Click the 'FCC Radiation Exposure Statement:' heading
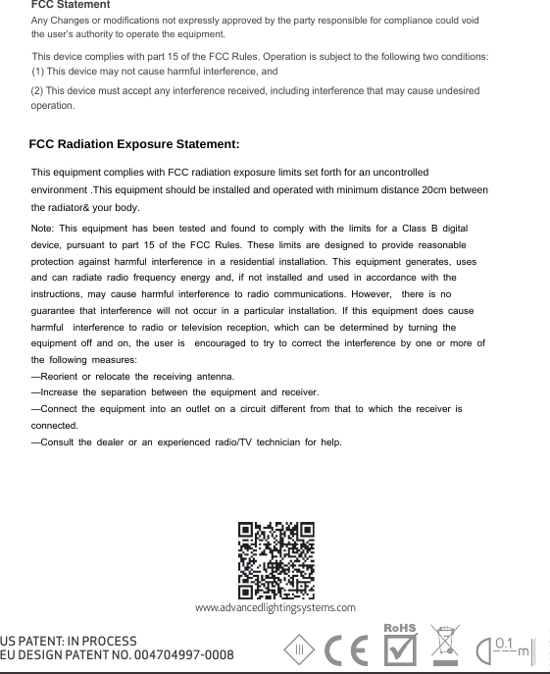pyautogui.click(x=134, y=145)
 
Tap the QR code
pyautogui.click(x=275, y=558)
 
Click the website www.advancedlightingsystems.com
pyautogui.click(x=275, y=608)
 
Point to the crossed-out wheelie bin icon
pyautogui.click(x=447, y=644)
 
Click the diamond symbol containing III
pyautogui.click(x=301, y=650)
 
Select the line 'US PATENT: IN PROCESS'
pyautogui.click(x=69, y=640)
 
